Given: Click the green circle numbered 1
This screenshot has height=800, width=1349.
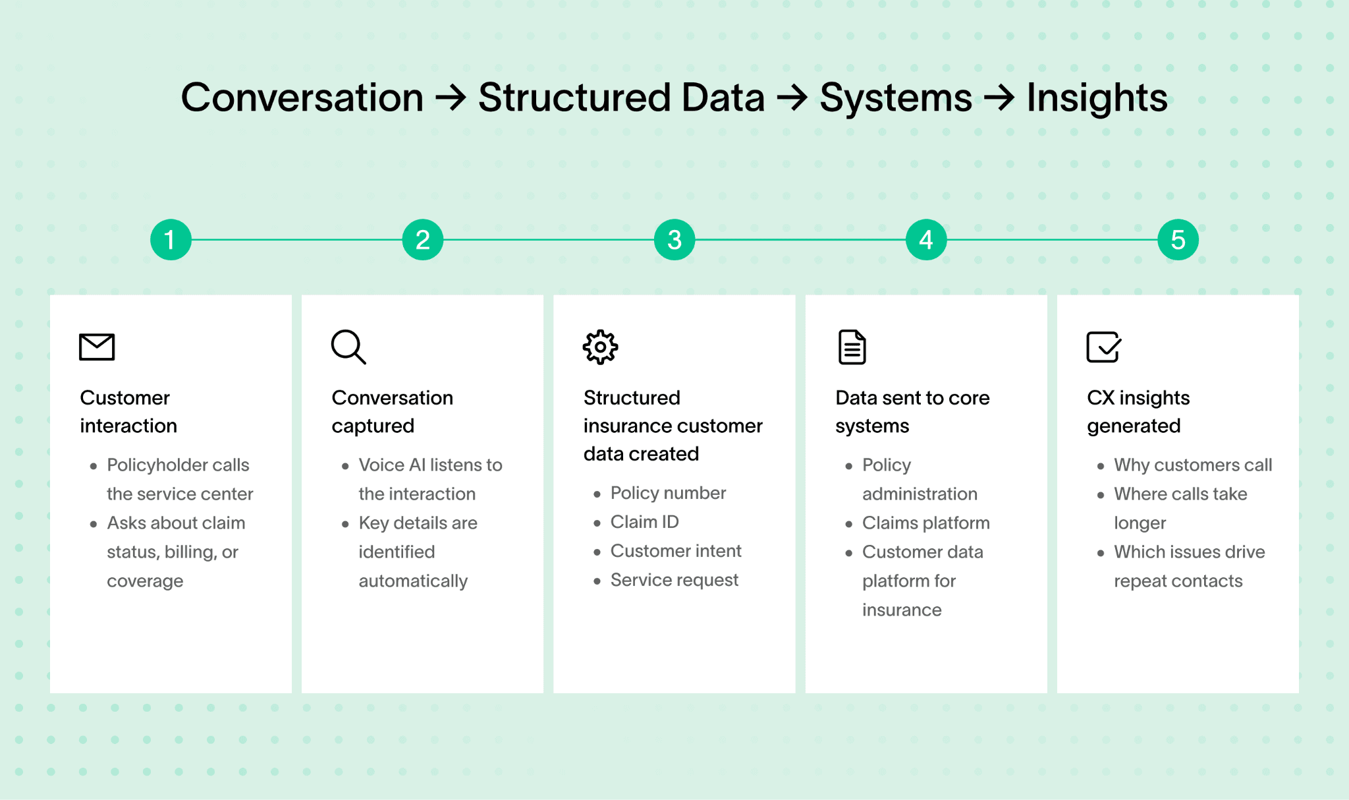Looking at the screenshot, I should [x=171, y=240].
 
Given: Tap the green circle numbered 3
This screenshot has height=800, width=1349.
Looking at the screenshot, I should [x=674, y=240].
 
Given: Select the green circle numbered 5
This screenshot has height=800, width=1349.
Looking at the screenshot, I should [x=1177, y=240].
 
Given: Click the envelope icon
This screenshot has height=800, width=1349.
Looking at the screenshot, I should [x=97, y=347].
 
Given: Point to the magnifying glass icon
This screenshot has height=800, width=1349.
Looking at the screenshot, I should [x=348, y=347].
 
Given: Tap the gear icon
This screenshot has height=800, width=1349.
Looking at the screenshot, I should [x=600, y=347].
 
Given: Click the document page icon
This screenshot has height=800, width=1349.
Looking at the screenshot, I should [x=852, y=347].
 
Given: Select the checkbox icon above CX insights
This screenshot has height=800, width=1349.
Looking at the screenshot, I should [x=1103, y=347].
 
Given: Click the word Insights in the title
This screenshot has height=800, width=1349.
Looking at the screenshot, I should [x=1097, y=98].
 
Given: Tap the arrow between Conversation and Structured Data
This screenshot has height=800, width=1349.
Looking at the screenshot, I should [x=451, y=98].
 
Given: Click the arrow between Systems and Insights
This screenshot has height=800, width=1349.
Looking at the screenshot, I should [x=999, y=98].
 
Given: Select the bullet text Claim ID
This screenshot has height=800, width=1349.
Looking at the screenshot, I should [x=644, y=522].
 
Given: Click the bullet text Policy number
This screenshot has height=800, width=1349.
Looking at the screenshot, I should [x=668, y=493].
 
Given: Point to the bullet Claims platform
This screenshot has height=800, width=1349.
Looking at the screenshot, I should [x=925, y=523].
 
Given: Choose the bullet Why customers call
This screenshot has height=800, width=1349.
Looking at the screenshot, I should [x=1192, y=465].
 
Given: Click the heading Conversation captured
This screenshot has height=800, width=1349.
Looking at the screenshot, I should [x=392, y=411].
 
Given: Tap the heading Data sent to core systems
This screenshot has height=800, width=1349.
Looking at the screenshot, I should [x=912, y=411].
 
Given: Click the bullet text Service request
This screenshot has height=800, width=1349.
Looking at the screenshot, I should [x=674, y=580].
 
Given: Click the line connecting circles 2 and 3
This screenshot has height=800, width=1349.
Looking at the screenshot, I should [x=548, y=240].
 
